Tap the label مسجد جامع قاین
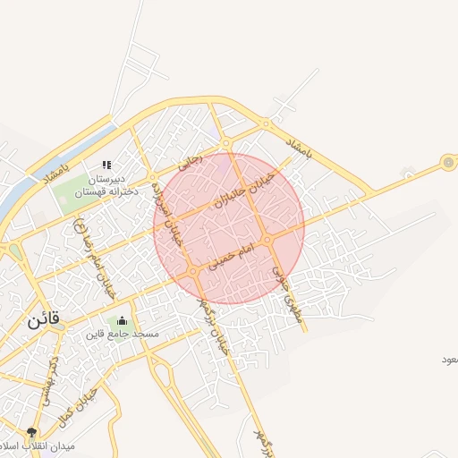123,335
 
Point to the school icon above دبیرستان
106,165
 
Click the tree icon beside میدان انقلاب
33,433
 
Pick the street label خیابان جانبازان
241,189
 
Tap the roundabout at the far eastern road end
447,163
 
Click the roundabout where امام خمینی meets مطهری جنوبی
267,240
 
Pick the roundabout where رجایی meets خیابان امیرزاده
155,176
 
